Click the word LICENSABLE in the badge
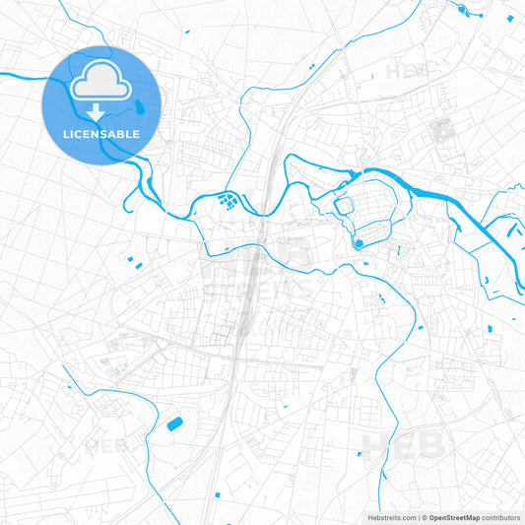click(99, 134)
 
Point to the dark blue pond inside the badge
click(146, 106)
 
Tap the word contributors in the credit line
click(501, 516)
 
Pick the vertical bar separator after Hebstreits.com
click(419, 516)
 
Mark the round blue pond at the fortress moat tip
click(359, 242)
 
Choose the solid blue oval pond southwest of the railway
click(175, 424)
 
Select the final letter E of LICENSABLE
click(136, 134)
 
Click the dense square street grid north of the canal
click(441, 127)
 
